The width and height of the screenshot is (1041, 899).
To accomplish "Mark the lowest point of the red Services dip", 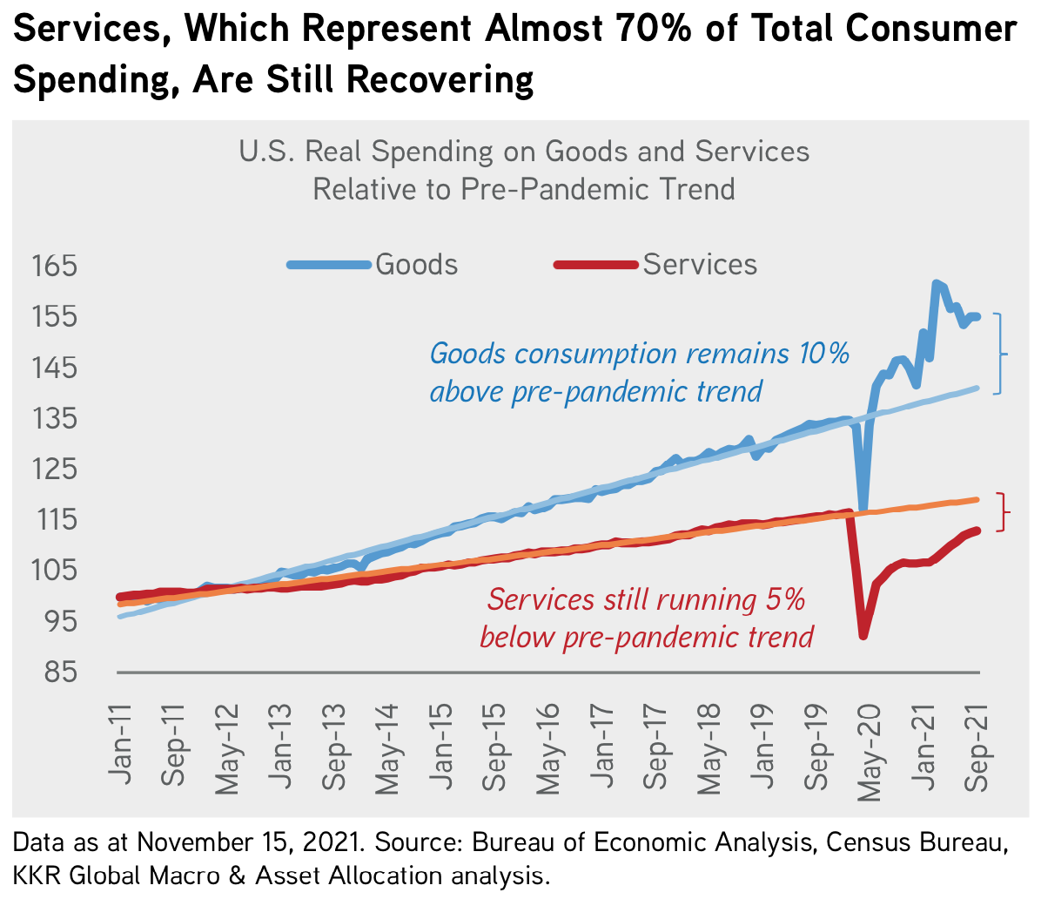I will point(863,636).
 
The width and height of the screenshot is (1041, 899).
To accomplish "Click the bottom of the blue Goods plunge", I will point(863,510).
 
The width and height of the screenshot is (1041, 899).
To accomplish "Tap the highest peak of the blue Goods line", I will point(936,283).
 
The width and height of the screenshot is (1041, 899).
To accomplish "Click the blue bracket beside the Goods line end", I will point(1000,354).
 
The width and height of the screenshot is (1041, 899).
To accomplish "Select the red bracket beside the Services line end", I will point(1004,512).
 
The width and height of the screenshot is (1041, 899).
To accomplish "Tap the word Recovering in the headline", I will point(440,80).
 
